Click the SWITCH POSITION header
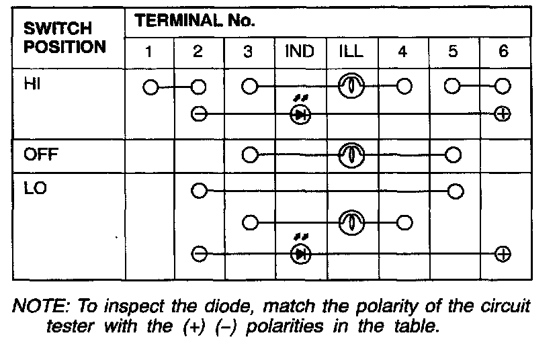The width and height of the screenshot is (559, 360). point(64,38)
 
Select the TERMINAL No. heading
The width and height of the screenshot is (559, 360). point(196,21)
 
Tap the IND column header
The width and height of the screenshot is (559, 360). point(300,52)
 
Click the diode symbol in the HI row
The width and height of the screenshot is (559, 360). point(299,114)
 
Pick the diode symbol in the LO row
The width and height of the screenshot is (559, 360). point(299,254)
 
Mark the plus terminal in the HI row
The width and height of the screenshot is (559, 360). point(503,114)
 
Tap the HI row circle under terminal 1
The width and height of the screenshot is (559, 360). point(150,87)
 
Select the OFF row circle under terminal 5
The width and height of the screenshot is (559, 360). point(453,155)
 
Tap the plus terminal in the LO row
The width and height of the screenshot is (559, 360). point(503,254)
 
